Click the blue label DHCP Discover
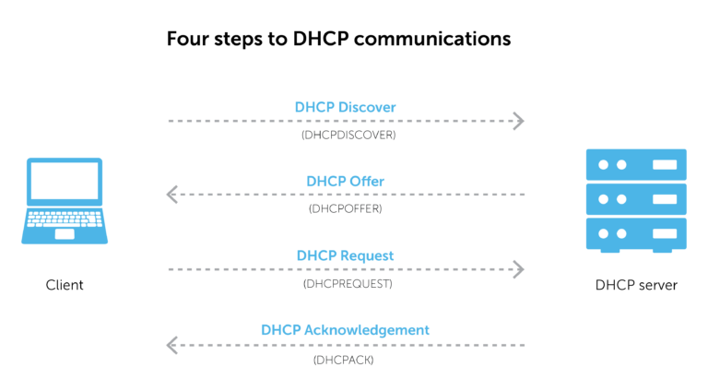point(345,107)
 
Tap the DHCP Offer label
point(345,182)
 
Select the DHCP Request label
point(345,255)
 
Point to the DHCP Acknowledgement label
point(345,330)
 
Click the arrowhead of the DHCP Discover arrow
point(519,121)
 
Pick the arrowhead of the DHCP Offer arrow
point(171,195)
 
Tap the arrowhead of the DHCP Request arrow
point(519,269)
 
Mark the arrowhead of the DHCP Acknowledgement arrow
point(171,345)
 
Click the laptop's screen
point(65,182)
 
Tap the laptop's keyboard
point(64,219)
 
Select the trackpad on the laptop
point(65,234)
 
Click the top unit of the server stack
point(636,164)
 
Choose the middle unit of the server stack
point(636,199)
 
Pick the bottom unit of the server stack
point(636,233)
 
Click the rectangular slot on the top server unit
point(664,164)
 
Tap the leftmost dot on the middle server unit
point(604,199)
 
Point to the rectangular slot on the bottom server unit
point(664,233)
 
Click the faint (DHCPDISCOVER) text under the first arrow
point(348,135)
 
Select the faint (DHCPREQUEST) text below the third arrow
point(347,284)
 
